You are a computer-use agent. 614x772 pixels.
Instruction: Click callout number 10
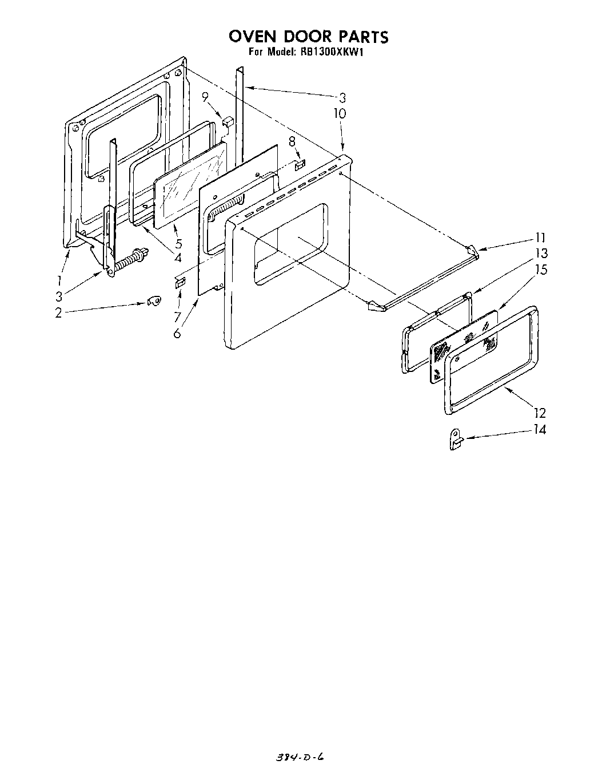[x=340, y=113]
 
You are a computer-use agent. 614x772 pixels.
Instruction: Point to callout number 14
[x=540, y=429]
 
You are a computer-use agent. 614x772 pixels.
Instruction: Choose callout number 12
[x=540, y=413]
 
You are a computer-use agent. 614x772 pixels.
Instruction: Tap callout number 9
[x=205, y=98]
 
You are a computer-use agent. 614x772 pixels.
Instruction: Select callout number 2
[x=58, y=313]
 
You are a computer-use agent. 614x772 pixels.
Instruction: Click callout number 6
[x=178, y=333]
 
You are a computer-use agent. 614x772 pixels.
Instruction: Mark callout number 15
[x=540, y=269]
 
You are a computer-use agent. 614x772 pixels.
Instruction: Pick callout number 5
[x=178, y=242]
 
